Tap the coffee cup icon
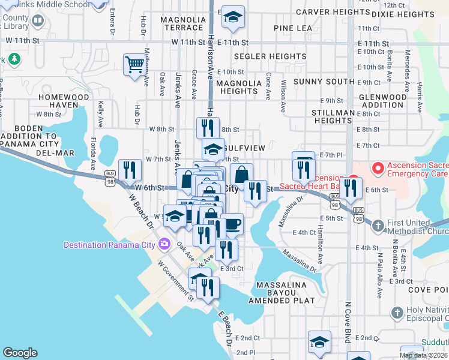click(232, 224)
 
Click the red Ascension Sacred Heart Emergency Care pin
click(378, 168)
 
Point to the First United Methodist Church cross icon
click(378, 226)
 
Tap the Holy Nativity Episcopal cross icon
click(396, 313)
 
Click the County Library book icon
click(38, 22)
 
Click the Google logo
click(20, 353)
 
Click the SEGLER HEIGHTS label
click(262, 56)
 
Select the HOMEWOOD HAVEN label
click(64, 101)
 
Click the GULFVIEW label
click(244, 148)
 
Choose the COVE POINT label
click(427, 289)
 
